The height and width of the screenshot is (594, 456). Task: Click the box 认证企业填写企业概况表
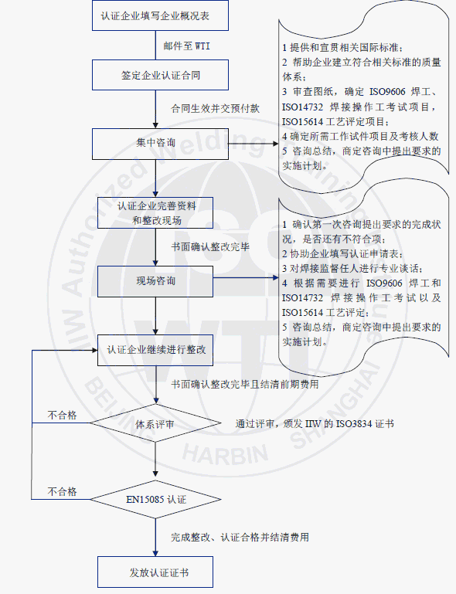(x=160, y=15)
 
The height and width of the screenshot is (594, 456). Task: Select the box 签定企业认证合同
(x=160, y=75)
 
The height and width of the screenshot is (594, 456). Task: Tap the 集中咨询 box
(x=160, y=144)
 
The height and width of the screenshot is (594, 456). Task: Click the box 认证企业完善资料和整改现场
(x=155, y=213)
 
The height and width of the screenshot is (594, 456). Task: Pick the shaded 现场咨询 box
(x=155, y=281)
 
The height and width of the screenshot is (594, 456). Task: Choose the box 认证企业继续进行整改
(x=155, y=350)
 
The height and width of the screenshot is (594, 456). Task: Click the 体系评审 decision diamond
(x=155, y=423)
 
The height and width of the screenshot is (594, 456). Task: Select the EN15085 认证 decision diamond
(x=155, y=499)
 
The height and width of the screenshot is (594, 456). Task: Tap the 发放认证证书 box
(x=155, y=572)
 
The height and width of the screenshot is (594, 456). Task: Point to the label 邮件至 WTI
(x=187, y=46)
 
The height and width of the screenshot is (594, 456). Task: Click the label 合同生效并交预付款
(x=216, y=109)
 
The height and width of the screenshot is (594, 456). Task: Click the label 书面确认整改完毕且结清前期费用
(x=245, y=385)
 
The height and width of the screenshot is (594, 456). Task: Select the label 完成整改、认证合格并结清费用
(x=240, y=537)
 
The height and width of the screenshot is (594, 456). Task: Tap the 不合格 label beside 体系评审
(x=62, y=416)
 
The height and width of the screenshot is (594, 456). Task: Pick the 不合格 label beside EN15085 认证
(x=62, y=492)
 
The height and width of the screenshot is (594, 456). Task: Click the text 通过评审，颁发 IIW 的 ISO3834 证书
(x=315, y=423)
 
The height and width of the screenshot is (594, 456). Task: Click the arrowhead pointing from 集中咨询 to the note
(x=276, y=144)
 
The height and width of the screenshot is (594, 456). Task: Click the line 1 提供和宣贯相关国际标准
(x=342, y=48)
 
